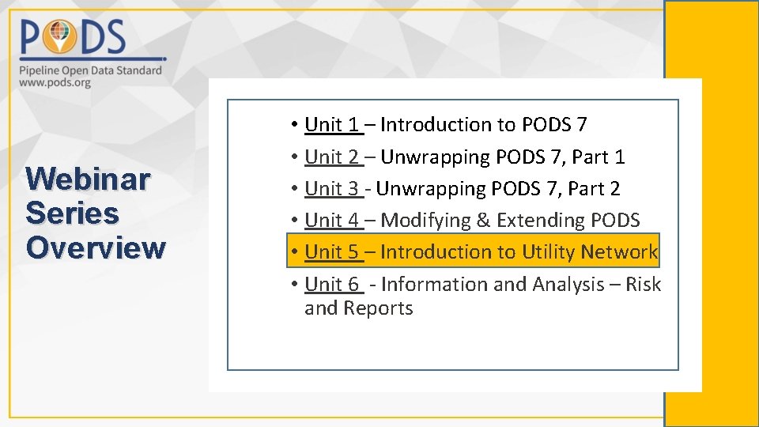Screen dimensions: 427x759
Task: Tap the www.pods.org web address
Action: pyautogui.click(x=55, y=82)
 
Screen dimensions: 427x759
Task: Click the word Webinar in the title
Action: pyautogui.click(x=87, y=179)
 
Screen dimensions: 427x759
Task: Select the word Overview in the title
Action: pyautogui.click(x=96, y=248)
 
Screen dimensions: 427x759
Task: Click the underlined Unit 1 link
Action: pyautogui.click(x=333, y=124)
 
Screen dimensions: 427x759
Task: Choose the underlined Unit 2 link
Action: pyautogui.click(x=333, y=157)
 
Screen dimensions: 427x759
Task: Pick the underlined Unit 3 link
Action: pyautogui.click(x=333, y=188)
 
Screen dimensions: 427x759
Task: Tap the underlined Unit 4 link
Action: pyautogui.click(x=333, y=220)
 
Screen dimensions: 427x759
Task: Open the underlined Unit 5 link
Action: pyautogui.click(x=333, y=251)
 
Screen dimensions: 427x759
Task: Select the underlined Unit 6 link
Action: pyautogui.click(x=333, y=284)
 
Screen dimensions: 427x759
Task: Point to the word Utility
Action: pyautogui.click(x=548, y=251)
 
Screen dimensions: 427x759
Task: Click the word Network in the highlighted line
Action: pyautogui.click(x=619, y=251)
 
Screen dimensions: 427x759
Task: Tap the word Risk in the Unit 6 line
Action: pyautogui.click(x=643, y=284)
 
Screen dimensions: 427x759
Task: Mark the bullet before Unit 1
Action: pyautogui.click(x=293, y=125)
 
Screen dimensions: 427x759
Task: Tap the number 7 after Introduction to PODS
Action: pyautogui.click(x=581, y=124)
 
